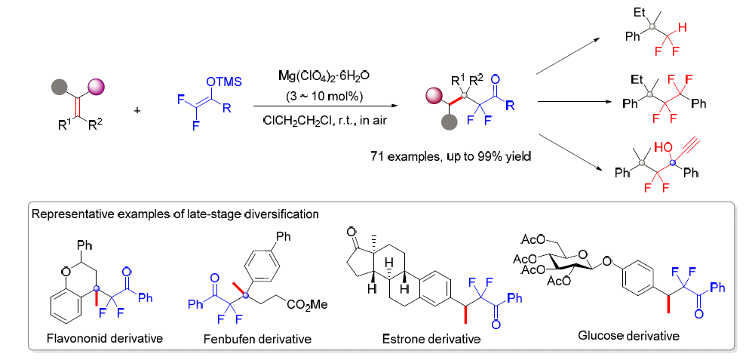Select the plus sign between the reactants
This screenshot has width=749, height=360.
pos(138,110)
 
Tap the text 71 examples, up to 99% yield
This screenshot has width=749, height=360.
pos(450,156)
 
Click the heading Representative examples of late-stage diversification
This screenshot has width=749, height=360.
pos(175,214)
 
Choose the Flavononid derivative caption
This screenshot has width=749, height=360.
pos(105,338)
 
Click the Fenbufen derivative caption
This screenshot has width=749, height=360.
pos(257,340)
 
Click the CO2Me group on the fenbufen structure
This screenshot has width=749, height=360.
pos(308,304)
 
